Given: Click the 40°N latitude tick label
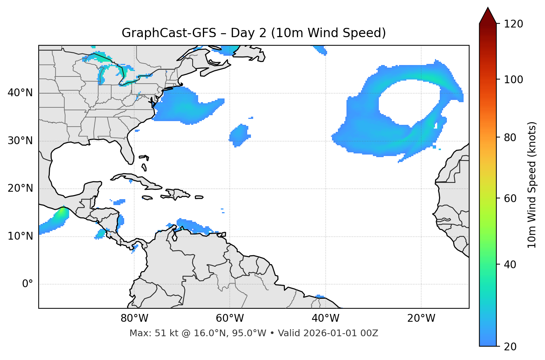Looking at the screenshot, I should (x=20, y=93).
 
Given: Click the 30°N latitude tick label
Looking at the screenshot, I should (x=20, y=141).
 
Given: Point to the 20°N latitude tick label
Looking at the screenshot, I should (x=20, y=188).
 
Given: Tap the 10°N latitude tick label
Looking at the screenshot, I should (x=20, y=236).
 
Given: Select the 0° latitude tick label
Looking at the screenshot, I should (x=28, y=284).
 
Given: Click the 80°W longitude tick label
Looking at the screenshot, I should (x=134, y=318).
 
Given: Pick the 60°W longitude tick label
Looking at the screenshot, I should (x=230, y=318).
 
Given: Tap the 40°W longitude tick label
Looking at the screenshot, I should (x=325, y=318).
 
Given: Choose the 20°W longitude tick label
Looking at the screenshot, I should (x=421, y=318).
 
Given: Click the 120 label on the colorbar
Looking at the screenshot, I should (x=513, y=24).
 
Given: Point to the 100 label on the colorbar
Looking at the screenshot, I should (x=513, y=80).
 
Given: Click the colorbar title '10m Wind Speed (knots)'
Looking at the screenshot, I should (x=532, y=185).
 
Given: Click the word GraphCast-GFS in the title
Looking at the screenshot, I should (x=169, y=33).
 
